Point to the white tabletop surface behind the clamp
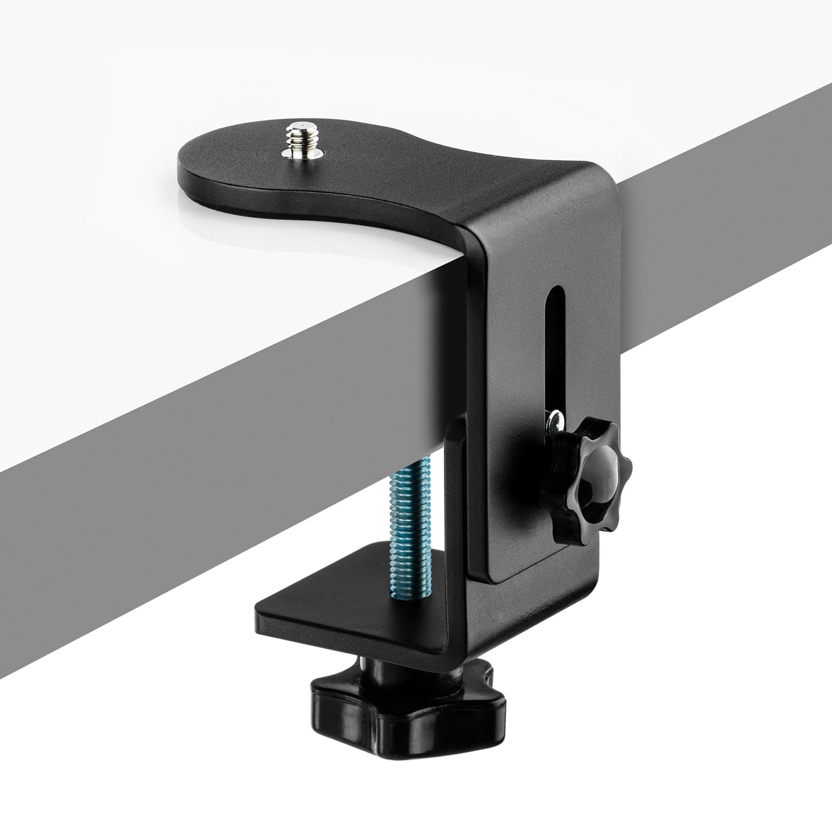click(x=173, y=86)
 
